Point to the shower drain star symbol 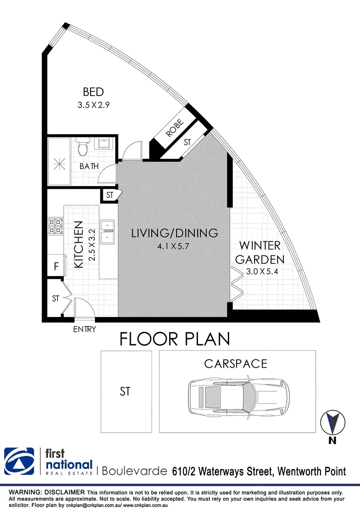pyautogui.click(x=60, y=164)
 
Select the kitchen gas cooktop pyautogui.click(x=55, y=226)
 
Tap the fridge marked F pyautogui.click(x=57, y=266)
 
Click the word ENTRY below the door pyautogui.click(x=85, y=329)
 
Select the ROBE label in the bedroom pyautogui.click(x=175, y=128)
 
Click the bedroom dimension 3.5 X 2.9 pyautogui.click(x=94, y=105)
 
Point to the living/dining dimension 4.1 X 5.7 pyautogui.click(x=173, y=246)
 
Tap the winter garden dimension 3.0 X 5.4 pyautogui.click(x=262, y=272)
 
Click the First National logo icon pyautogui.click(x=19, y=461)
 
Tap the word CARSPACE pyautogui.click(x=235, y=364)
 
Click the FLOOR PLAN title pyautogui.click(x=175, y=339)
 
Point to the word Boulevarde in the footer pyautogui.click(x=134, y=471)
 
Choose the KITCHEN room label pyautogui.click(x=79, y=244)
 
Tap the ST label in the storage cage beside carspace pyautogui.click(x=125, y=391)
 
